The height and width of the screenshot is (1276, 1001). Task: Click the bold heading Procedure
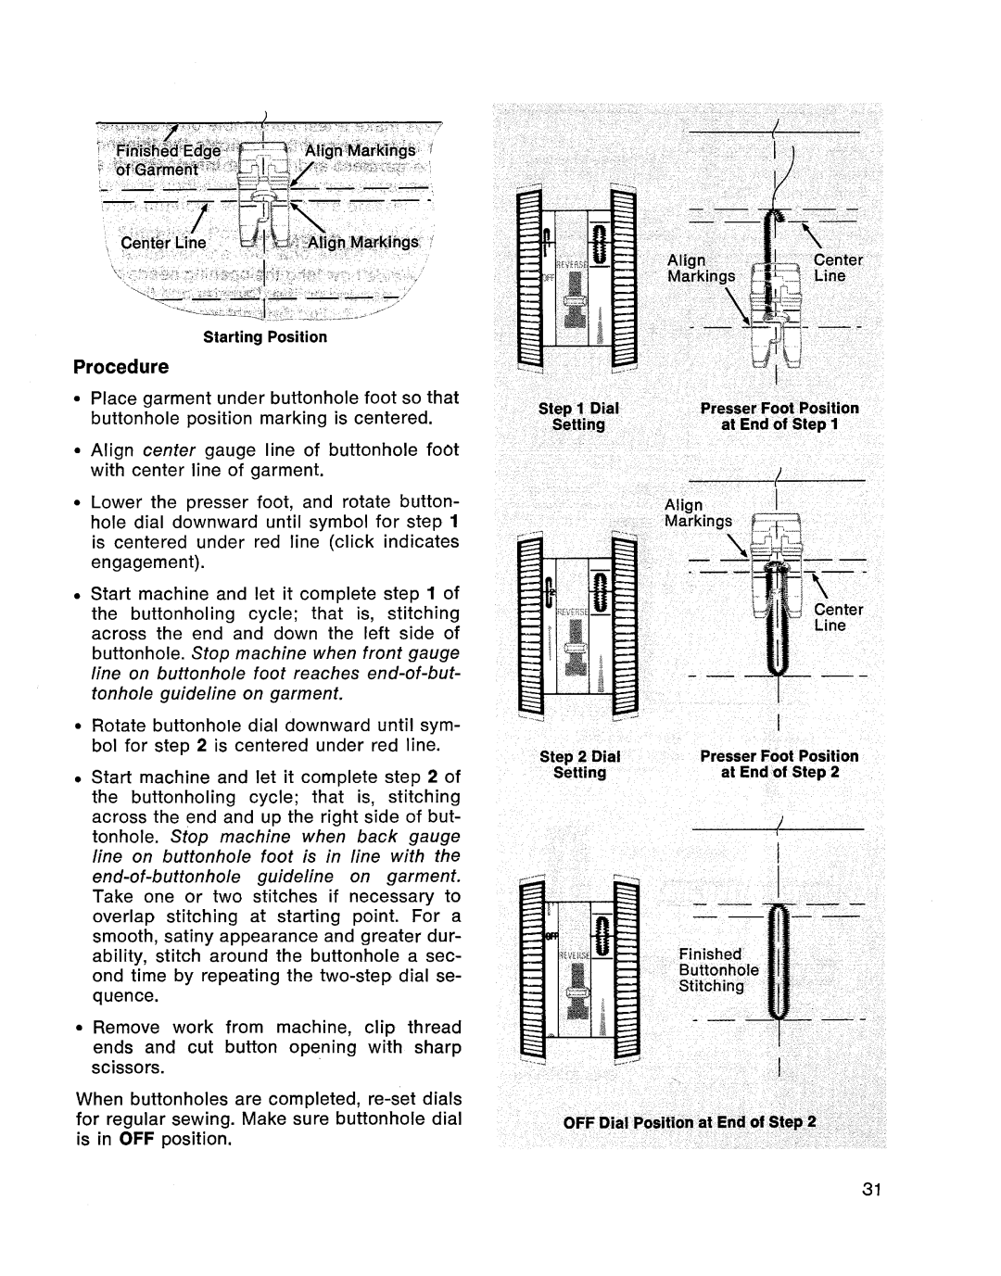pos(120,366)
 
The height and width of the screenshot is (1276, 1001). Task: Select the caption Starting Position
pos(265,337)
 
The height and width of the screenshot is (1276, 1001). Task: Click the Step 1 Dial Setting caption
pos(579,416)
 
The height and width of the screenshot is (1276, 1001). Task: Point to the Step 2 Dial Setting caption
pos(579,764)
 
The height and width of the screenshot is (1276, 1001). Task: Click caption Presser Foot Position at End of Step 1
pos(779,416)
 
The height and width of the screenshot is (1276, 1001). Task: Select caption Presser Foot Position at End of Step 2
pos(779,764)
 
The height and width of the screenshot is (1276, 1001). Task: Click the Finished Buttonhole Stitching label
pos(718,970)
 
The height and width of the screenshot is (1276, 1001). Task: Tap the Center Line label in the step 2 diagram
pos(838,617)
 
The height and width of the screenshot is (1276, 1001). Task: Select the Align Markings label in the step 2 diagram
pos(697,512)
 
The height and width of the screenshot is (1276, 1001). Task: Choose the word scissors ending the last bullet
pos(128,1068)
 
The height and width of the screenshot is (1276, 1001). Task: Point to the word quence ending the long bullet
pos(122,996)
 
